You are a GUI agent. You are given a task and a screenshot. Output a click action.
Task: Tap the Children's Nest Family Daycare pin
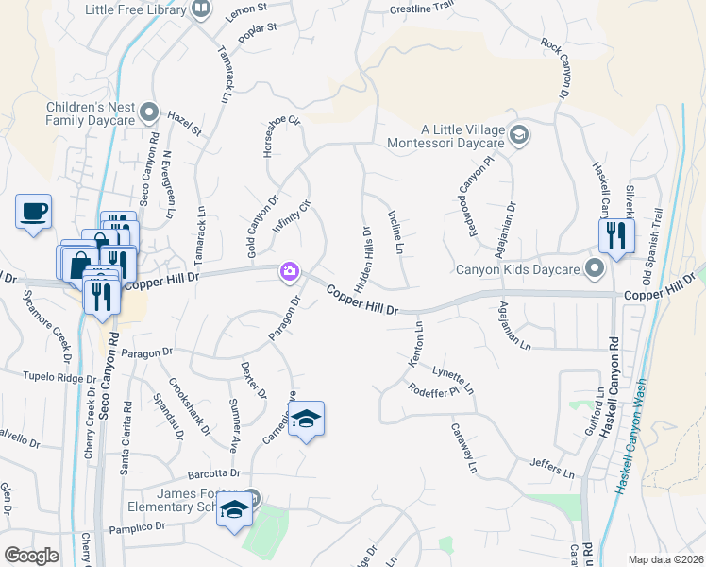point(148,114)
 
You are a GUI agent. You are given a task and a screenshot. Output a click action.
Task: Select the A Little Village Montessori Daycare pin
point(518,136)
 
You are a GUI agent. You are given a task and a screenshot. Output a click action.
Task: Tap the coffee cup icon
point(34,211)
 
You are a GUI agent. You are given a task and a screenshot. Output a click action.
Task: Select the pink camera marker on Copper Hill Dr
point(289,272)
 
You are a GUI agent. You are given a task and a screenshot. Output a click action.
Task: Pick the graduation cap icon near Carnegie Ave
point(306,419)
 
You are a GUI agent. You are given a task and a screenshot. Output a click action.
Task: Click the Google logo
point(31,556)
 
